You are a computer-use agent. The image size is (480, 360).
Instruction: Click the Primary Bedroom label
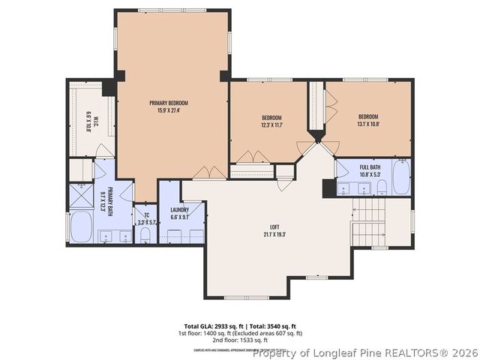click(168, 106)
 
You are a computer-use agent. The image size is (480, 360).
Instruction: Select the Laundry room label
click(179, 213)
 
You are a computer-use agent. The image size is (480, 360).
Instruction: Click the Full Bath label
click(370, 170)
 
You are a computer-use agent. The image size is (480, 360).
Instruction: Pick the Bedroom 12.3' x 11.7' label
click(271, 121)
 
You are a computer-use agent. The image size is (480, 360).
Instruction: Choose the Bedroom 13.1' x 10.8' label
click(367, 120)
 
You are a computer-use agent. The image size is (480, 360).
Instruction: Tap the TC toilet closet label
click(145, 217)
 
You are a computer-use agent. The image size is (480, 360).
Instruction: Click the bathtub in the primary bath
click(81, 227)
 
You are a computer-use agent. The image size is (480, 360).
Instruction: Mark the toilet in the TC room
click(145, 235)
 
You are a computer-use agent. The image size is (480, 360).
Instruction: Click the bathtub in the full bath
click(400, 178)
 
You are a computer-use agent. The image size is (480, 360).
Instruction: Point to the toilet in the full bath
click(381, 187)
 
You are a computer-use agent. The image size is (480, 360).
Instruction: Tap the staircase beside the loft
click(370, 223)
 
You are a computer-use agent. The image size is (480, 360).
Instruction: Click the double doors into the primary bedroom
click(209, 173)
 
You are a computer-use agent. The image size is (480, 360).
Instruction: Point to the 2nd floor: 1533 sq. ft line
click(239, 340)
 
